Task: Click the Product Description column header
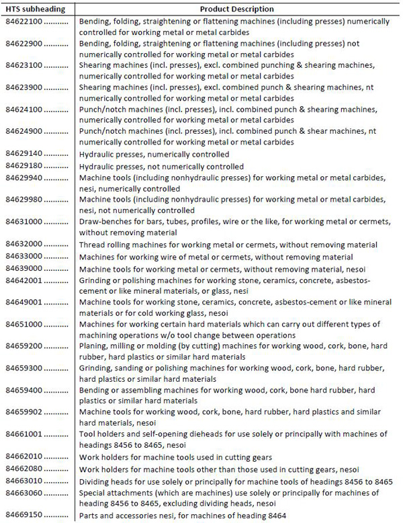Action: [237, 9]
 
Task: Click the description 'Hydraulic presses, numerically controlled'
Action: [154, 154]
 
